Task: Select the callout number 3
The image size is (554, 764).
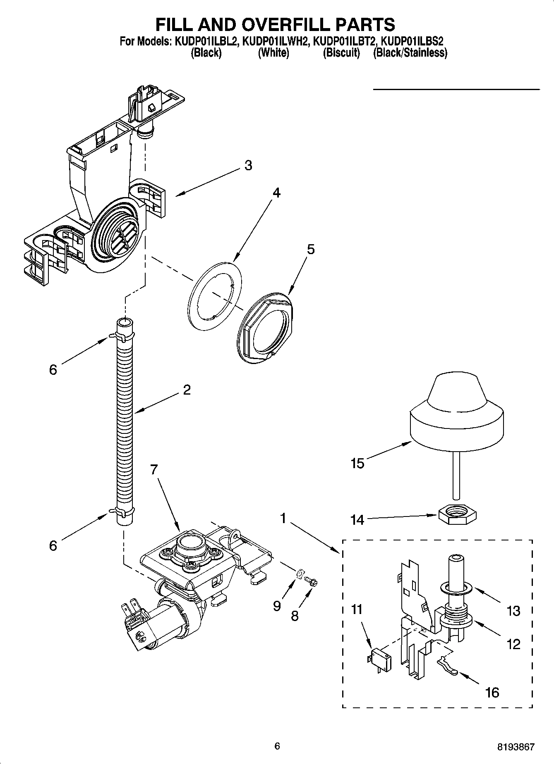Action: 248,165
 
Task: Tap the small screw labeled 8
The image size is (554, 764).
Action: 312,582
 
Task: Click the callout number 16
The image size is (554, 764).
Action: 492,692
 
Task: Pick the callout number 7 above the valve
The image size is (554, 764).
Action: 153,470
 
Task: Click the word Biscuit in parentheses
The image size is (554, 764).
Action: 341,53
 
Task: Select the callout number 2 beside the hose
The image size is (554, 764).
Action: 187,390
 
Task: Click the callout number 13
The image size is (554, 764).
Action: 513,611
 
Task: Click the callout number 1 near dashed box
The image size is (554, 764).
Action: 283,518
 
